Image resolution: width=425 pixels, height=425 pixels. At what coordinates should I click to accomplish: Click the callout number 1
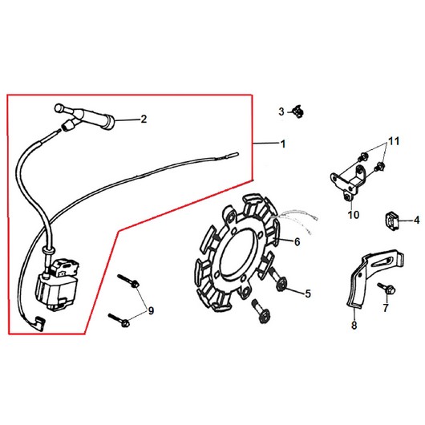(x=283, y=144)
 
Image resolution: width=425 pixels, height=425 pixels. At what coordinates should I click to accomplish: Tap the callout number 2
(x=144, y=119)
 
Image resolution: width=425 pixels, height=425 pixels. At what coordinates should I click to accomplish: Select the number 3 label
(x=281, y=111)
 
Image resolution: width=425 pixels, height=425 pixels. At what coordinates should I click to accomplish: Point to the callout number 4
(x=417, y=220)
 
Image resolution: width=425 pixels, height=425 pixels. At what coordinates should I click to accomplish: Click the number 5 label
(x=308, y=293)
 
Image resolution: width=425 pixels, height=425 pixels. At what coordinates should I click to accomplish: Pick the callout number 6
(x=297, y=242)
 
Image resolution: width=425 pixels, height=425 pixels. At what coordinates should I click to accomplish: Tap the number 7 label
(x=386, y=308)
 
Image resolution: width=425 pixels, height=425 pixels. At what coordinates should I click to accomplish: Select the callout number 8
(x=354, y=325)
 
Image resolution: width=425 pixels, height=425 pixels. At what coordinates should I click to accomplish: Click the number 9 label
(x=151, y=310)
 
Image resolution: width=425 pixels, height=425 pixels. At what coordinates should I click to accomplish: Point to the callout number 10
(x=353, y=215)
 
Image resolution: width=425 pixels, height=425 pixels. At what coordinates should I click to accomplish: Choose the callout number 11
(x=394, y=141)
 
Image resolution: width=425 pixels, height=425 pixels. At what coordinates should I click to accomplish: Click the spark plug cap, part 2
(x=85, y=117)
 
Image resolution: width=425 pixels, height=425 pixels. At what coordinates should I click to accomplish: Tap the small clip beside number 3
(x=297, y=111)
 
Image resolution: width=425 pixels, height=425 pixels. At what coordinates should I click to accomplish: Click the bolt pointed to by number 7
(x=387, y=289)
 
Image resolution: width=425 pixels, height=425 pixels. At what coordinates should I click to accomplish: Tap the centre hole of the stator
(x=238, y=255)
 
